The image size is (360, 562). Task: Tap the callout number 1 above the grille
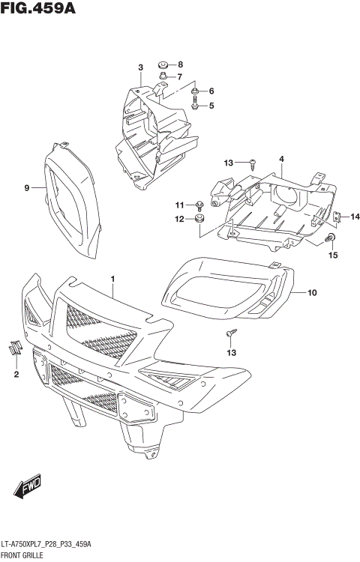point(112,280)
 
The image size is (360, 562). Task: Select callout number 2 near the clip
point(15,372)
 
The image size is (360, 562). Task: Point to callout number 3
point(140,68)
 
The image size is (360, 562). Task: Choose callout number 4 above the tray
point(281,159)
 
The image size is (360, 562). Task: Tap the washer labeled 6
point(195,92)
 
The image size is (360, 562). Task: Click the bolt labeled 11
point(199,205)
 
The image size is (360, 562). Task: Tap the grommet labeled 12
point(199,219)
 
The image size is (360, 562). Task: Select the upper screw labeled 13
point(253,162)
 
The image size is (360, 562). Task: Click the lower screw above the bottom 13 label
point(232,332)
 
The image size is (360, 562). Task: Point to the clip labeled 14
point(337,217)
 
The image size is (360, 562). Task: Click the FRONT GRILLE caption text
point(22,555)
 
